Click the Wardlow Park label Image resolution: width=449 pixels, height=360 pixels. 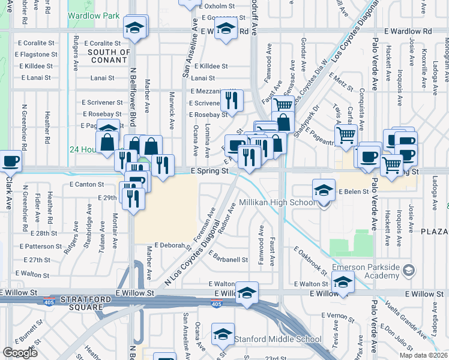[94, 16]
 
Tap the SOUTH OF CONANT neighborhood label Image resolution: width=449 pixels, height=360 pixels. [109, 56]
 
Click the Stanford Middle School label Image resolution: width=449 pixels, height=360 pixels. [278, 339]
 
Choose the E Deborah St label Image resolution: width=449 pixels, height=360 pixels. [173, 245]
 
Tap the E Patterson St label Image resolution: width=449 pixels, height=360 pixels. [40, 246]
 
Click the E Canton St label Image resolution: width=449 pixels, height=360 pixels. [88, 184]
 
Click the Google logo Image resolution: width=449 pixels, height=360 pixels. [20, 353]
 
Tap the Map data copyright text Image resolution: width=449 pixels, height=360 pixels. [423, 355]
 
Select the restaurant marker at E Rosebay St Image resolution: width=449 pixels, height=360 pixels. [231, 100]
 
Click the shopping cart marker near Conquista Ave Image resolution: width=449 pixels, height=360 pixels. [346, 136]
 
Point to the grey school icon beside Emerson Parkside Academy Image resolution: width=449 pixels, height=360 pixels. [409, 271]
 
